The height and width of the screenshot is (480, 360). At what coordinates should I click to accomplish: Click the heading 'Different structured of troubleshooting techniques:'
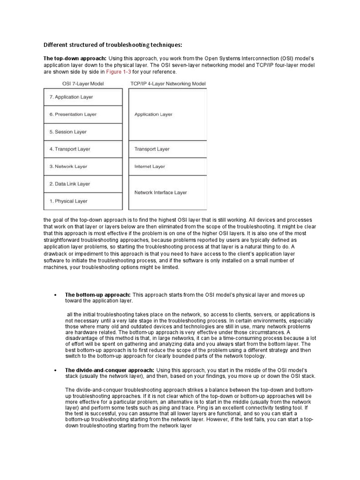(x=112, y=45)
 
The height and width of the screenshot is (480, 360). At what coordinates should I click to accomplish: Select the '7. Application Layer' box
(x=83, y=97)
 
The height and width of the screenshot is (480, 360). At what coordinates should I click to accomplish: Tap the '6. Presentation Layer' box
(x=83, y=114)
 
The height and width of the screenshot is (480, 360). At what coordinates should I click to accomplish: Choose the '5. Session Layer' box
(x=83, y=132)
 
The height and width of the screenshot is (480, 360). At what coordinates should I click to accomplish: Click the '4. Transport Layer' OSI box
(x=83, y=149)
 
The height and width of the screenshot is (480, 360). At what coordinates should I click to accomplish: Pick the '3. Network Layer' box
(x=83, y=166)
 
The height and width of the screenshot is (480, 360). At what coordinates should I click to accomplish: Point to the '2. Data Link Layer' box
(x=83, y=184)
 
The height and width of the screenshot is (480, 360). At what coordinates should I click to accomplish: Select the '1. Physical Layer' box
(x=83, y=201)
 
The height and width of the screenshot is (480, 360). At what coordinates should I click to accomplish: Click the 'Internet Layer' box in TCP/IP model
(x=167, y=166)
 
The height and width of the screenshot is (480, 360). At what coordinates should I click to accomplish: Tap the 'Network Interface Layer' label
(x=160, y=192)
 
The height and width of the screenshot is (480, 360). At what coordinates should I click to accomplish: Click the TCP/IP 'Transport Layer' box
(x=167, y=149)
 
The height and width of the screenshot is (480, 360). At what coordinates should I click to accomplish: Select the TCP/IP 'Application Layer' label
(x=153, y=114)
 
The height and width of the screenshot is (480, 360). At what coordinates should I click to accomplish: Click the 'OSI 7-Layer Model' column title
(x=83, y=84)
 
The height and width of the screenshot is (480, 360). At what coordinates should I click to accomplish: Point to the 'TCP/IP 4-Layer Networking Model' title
(x=167, y=84)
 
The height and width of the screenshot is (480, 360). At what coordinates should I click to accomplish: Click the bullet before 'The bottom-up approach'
(x=55, y=295)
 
